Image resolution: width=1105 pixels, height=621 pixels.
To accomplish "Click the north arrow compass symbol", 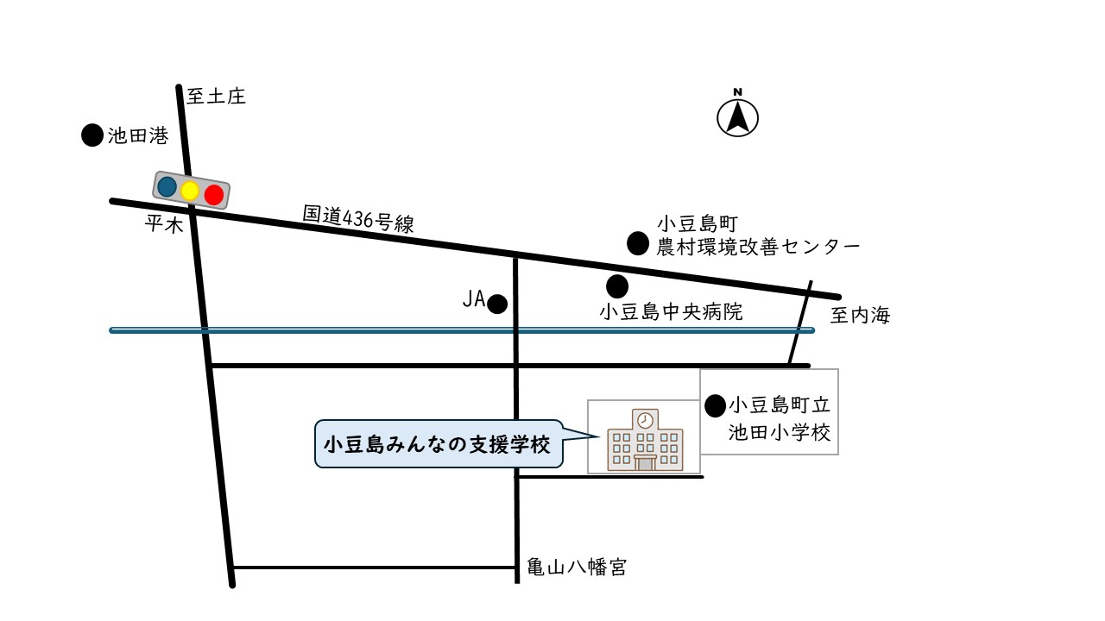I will [x=738, y=117].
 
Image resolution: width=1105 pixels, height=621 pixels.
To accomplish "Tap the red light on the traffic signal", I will [x=213, y=195].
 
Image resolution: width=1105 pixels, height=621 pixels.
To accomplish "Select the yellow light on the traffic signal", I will [x=190, y=191].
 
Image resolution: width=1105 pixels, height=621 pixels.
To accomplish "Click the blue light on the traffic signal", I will [x=167, y=186].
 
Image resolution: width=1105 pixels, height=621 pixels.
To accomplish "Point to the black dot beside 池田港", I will [x=92, y=135].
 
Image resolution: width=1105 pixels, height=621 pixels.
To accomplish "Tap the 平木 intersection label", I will [x=163, y=225].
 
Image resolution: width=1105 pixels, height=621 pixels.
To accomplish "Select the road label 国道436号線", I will [x=358, y=219].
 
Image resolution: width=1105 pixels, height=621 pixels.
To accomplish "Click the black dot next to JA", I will [x=497, y=304].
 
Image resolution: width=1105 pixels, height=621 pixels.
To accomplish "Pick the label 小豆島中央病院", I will [x=671, y=312].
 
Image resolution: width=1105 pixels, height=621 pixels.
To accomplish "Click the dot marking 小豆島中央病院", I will [x=616, y=285].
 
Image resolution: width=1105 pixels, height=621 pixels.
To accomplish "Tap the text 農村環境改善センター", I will [x=758, y=248].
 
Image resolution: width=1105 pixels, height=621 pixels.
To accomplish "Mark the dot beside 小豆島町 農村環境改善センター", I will [x=637, y=244].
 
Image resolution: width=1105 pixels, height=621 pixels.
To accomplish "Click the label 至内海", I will [x=860, y=316].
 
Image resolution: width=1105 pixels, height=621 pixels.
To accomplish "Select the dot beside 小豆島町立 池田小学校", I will [x=715, y=405].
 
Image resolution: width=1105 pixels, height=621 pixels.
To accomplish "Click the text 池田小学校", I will [x=779, y=433].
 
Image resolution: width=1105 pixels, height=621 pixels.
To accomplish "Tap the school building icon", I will [x=644, y=441].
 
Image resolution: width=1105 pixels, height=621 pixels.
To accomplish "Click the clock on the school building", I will [x=645, y=421].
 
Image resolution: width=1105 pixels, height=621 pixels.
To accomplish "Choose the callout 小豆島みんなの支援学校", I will [x=437, y=445].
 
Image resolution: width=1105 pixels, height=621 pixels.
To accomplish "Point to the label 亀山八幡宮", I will [x=577, y=568].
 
